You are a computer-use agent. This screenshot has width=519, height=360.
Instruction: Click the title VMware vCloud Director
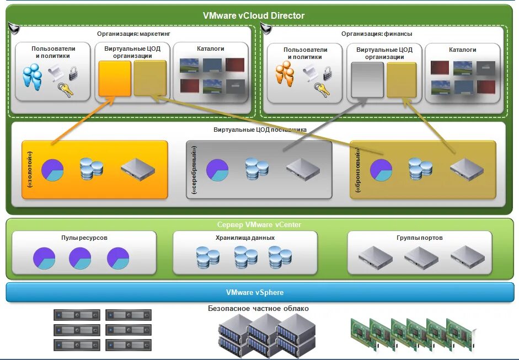tap(254, 15)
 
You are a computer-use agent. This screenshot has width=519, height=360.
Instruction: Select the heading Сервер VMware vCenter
tap(259, 224)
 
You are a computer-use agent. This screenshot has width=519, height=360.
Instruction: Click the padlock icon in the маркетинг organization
tap(73, 72)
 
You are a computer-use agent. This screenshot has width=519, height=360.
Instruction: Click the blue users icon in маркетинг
tap(33, 77)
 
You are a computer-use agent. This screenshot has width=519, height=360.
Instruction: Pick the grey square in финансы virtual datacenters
tap(367, 80)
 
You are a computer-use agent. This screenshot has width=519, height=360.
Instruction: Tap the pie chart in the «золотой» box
tap(52, 170)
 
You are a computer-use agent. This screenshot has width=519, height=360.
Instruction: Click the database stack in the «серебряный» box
tap(257, 169)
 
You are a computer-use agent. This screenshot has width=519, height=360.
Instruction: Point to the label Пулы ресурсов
tap(84, 238)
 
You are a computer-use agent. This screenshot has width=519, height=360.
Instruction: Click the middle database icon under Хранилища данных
tap(245, 257)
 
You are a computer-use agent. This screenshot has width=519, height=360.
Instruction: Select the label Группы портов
tap(419, 238)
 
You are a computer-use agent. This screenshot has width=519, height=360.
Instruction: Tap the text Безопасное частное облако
tap(258, 309)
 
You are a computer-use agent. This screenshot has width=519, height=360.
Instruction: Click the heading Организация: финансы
tap(377, 34)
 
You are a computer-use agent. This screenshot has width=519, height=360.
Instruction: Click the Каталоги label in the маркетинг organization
tap(211, 49)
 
